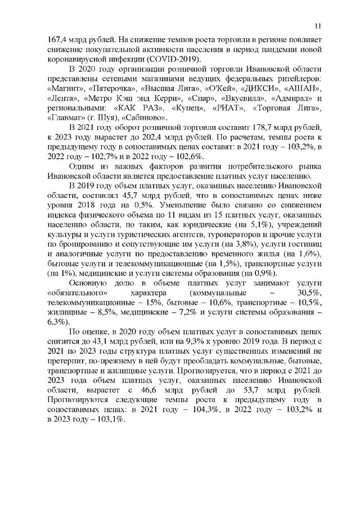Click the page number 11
tap(318, 25)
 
